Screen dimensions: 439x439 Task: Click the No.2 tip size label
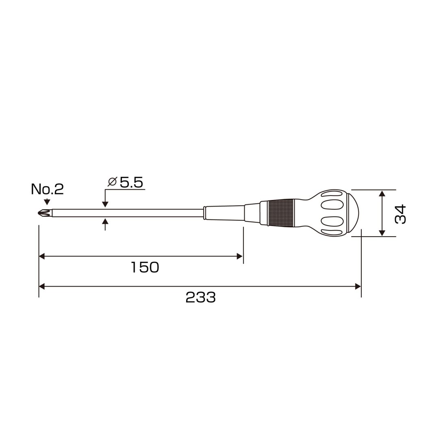pos(47,189)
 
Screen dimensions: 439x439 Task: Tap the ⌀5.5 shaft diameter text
pos(126,182)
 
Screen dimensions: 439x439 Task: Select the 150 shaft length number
pos(145,267)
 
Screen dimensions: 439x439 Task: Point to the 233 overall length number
pos(200,297)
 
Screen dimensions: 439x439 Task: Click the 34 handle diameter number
pos(400,214)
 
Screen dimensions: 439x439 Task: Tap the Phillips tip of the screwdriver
pos(44,213)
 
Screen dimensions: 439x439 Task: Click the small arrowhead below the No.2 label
pos(47,202)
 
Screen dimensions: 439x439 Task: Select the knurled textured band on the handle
pos(281,213)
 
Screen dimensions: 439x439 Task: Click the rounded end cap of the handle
pos(353,213)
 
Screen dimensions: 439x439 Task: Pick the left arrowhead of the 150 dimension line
pos(42,256)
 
